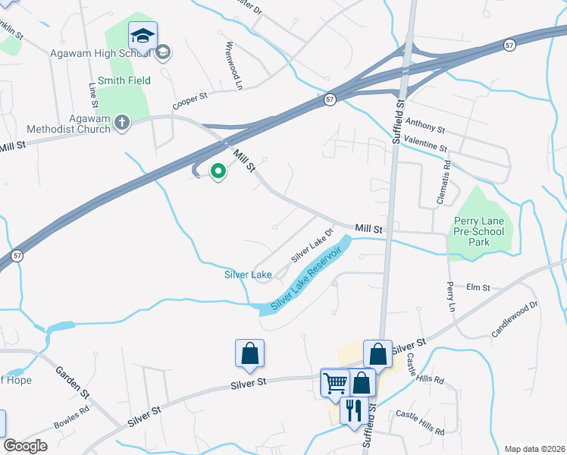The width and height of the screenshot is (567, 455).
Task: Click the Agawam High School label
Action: point(99,52)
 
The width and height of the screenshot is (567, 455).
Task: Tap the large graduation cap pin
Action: point(143,35)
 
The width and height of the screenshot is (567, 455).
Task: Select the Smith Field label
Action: point(124,80)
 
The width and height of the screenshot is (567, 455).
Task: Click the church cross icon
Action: point(122,122)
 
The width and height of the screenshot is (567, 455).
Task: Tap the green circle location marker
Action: point(218,172)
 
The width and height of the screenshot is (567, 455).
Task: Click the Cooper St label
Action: point(190,97)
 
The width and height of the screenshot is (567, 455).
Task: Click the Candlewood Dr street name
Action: point(514,318)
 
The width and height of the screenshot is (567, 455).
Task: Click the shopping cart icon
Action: point(335,382)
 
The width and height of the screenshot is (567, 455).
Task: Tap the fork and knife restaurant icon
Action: point(352,411)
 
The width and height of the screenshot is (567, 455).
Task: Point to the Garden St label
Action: point(72,383)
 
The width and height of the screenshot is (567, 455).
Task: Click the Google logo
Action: point(25,446)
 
